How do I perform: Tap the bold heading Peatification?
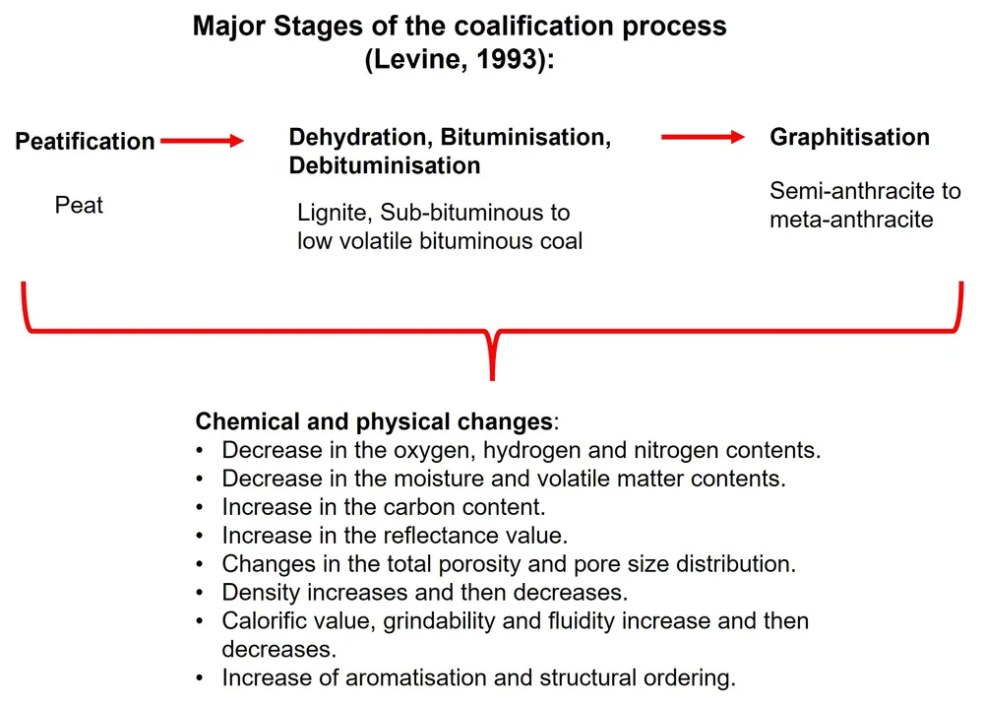coord(85,142)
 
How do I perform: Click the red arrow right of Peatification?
coord(201,142)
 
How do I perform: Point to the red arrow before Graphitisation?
coord(703,138)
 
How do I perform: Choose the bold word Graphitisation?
coord(849,137)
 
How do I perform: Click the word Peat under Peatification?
coord(79,206)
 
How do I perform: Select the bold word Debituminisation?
coord(385,165)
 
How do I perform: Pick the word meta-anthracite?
coord(851,219)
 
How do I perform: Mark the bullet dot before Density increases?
coord(202,594)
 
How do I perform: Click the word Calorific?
coord(267,621)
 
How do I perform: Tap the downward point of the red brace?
coord(492,376)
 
